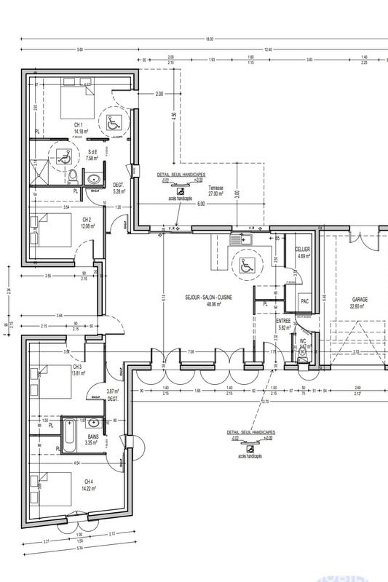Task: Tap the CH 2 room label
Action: [86, 221]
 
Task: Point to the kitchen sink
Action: [239, 238]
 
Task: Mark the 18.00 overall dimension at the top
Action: [210, 39]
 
